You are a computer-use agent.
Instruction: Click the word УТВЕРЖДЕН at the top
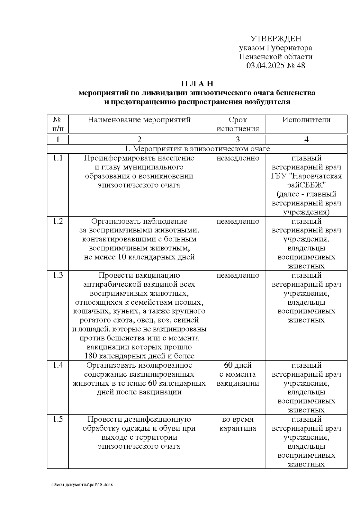(x=276, y=39)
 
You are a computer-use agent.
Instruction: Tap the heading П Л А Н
(x=197, y=83)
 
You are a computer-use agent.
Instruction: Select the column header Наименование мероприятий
(x=139, y=120)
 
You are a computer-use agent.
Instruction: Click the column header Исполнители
(x=306, y=120)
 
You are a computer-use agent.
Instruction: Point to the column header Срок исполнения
(x=238, y=124)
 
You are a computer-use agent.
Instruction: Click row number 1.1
(x=58, y=158)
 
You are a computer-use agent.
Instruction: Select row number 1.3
(x=58, y=275)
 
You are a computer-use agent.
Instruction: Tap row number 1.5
(x=58, y=419)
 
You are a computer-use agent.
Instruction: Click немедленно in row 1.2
(x=238, y=221)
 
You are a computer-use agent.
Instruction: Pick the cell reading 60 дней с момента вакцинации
(x=238, y=374)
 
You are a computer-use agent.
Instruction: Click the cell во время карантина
(x=238, y=424)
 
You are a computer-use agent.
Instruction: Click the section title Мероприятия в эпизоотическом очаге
(x=197, y=149)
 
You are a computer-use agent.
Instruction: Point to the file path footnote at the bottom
(x=82, y=485)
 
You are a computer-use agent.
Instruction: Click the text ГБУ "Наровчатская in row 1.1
(x=306, y=176)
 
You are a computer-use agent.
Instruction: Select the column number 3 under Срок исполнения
(x=238, y=139)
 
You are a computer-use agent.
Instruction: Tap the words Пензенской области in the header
(x=276, y=57)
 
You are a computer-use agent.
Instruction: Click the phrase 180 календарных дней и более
(x=139, y=356)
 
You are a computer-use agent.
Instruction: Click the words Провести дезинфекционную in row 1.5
(x=139, y=419)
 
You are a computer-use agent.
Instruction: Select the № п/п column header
(x=58, y=124)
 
